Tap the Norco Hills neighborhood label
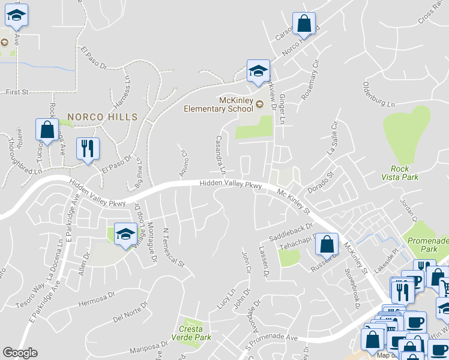(x=102, y=117)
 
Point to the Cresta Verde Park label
(x=195, y=333)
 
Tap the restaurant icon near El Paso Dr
(x=88, y=149)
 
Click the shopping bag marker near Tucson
(x=46, y=130)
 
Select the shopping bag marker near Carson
(x=304, y=24)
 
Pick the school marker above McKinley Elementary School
(x=258, y=71)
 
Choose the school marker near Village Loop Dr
(x=125, y=234)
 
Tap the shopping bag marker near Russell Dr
(x=326, y=244)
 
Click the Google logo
(x=20, y=353)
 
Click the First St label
(x=17, y=92)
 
